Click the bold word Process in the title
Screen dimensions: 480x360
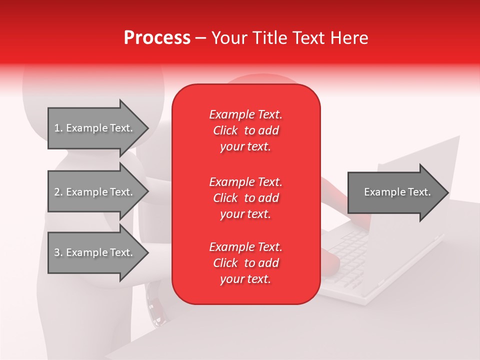[x=157, y=38]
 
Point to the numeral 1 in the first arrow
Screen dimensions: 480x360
[x=57, y=128]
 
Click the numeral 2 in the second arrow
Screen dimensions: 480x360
[x=57, y=192]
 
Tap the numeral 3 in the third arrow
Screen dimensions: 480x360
[x=57, y=252]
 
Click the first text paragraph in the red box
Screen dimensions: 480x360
[x=245, y=130]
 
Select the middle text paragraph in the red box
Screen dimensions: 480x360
[x=245, y=197]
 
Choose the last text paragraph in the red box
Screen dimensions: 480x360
[x=245, y=263]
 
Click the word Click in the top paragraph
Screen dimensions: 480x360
[x=225, y=130]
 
